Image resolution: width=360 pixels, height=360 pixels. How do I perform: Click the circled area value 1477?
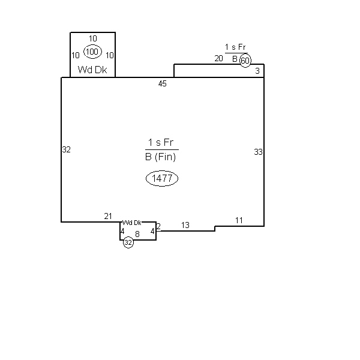(162, 178)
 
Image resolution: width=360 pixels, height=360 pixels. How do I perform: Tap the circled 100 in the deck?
(92, 52)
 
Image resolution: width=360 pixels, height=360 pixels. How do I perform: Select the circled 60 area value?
(245, 61)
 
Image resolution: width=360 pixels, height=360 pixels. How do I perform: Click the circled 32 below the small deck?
(128, 242)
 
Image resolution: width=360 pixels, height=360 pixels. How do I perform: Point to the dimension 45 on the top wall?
(163, 84)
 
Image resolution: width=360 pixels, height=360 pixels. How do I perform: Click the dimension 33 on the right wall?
(258, 152)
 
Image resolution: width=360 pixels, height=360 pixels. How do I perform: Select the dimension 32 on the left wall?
(67, 149)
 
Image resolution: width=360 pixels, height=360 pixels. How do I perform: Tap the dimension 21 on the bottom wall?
(108, 216)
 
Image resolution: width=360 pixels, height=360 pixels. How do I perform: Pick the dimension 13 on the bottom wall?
(185, 225)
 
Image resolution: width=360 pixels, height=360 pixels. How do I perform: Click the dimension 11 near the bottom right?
(239, 220)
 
